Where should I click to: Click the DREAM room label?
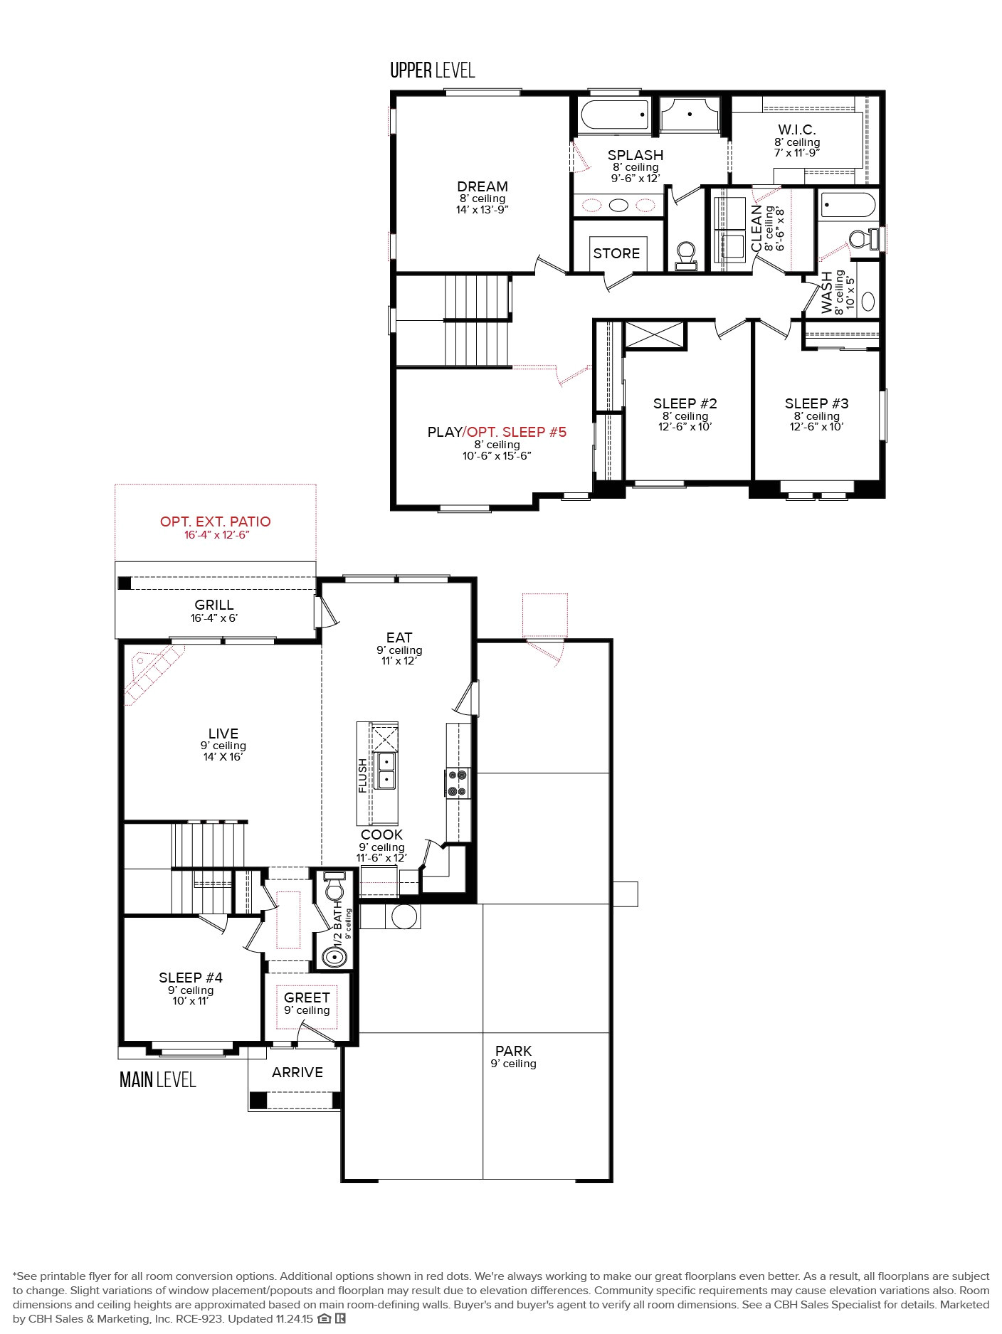482,186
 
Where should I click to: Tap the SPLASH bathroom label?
635,155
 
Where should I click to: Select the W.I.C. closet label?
796,129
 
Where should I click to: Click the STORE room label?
616,253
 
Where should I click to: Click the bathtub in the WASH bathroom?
848,206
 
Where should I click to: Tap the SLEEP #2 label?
685,403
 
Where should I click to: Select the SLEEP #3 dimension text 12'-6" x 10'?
816,427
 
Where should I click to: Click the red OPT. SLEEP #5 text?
517,432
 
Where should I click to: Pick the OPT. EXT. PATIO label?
215,522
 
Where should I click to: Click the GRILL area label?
214,605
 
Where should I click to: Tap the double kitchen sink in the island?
386,771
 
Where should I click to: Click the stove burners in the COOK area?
458,783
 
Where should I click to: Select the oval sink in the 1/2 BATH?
334,957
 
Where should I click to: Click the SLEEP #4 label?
191,978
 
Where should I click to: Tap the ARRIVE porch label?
297,1072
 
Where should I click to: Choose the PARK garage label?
513,1051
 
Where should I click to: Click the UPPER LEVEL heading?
432,70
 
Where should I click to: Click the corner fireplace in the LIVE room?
151,672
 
